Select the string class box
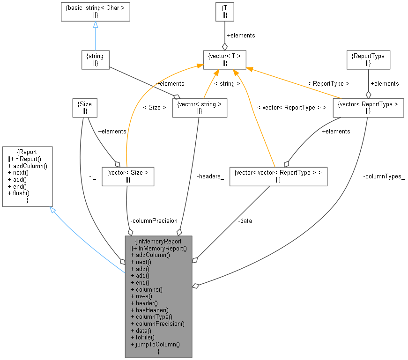pyautogui.click(x=95, y=59)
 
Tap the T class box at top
pyautogui.click(x=224, y=11)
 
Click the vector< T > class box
pyautogui.click(x=224, y=59)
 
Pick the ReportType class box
pyautogui.click(x=368, y=59)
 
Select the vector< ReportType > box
pyautogui.click(x=368, y=107)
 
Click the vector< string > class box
pyautogui.click(x=200, y=107)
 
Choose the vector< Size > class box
pyautogui.click(x=128, y=176)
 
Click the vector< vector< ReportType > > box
pyautogui.click(x=278, y=176)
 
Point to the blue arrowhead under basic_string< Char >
pyautogui.click(x=95, y=25)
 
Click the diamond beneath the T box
pyautogui.click(x=224, y=46)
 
